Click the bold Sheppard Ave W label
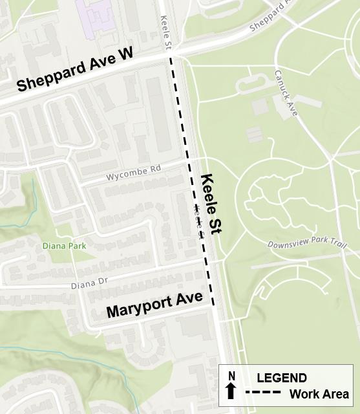tap(74, 72)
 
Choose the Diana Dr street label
tap(87, 283)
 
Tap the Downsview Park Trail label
tap(308, 245)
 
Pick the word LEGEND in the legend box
tap(282, 378)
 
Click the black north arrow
tap(230, 391)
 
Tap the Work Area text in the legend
tap(319, 394)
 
